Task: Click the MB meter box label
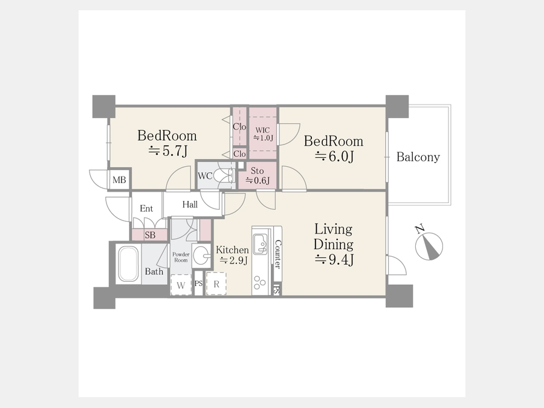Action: point(119,180)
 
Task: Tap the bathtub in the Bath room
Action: point(128,264)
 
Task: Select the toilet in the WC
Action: point(224,175)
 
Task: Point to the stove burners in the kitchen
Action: point(259,282)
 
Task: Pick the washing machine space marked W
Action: point(181,285)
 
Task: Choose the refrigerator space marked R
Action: point(216,284)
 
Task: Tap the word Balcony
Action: point(418,157)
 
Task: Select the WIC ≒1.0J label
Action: point(263,134)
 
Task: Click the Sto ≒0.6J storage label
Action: point(257,175)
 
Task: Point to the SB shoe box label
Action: point(150,235)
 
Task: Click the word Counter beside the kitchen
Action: point(277,254)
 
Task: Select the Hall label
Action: point(190,204)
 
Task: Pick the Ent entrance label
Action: point(146,209)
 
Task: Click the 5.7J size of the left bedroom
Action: point(168,151)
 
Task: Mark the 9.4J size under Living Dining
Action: point(334,259)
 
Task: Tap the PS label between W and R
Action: point(198,283)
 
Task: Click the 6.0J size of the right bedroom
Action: point(334,157)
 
